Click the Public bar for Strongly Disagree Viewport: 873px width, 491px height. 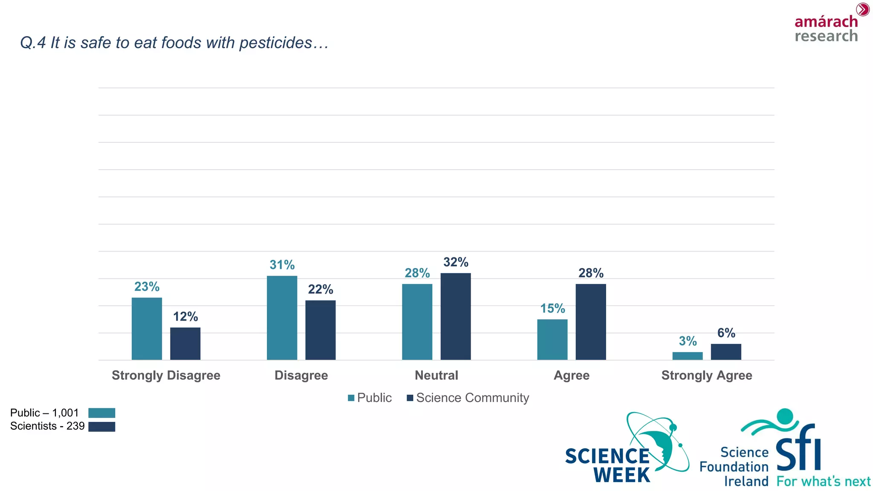coord(147,329)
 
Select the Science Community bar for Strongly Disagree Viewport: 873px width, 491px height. coord(185,344)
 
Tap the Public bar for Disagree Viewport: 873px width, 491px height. coord(282,318)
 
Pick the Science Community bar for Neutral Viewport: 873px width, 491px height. coord(455,316)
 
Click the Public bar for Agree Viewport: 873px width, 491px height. coord(552,339)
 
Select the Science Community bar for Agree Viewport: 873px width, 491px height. coord(590,322)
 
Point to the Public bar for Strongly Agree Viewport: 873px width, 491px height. coord(687,356)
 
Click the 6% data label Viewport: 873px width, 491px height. coord(726,333)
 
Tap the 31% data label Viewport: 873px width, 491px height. coord(282,265)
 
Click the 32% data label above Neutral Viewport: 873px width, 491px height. coord(455,262)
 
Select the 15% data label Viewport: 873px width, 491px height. coord(552,309)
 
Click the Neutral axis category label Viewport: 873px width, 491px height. coord(436,375)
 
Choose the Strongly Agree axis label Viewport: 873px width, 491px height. coord(706,375)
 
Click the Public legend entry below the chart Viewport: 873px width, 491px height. coord(370,398)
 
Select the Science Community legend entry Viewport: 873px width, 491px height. coord(468,398)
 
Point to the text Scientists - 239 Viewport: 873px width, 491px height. coord(47,426)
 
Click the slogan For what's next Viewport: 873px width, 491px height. coord(823,482)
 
